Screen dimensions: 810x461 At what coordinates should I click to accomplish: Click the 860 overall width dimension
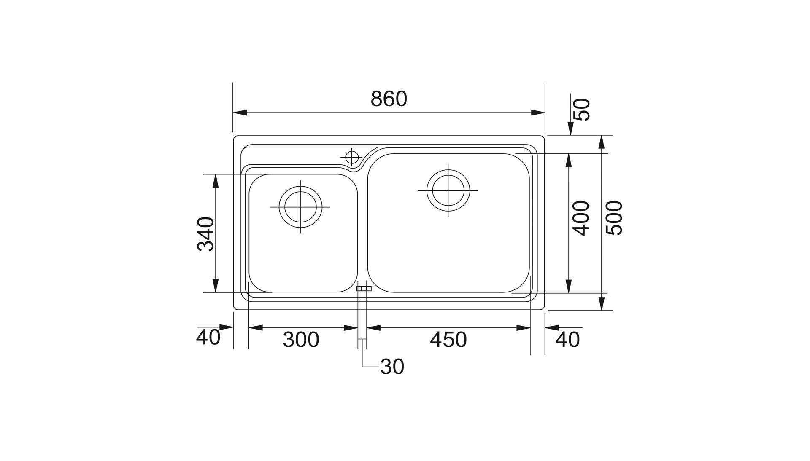tap(389, 99)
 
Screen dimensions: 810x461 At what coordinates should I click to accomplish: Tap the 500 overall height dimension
tap(614, 218)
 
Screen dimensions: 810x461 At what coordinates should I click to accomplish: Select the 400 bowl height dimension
tap(581, 218)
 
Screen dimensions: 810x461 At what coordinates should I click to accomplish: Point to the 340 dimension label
tap(205, 234)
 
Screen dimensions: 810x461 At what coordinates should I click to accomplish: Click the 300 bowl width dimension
tap(301, 340)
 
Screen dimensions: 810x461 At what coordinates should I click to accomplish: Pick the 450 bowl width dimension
tap(448, 340)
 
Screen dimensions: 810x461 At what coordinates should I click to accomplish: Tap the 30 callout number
tap(392, 367)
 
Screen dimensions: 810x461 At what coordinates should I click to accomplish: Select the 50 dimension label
tap(583, 110)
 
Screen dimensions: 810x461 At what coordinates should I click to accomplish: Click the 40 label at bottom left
tap(208, 337)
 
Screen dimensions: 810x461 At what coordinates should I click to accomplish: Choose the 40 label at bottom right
tap(568, 340)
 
